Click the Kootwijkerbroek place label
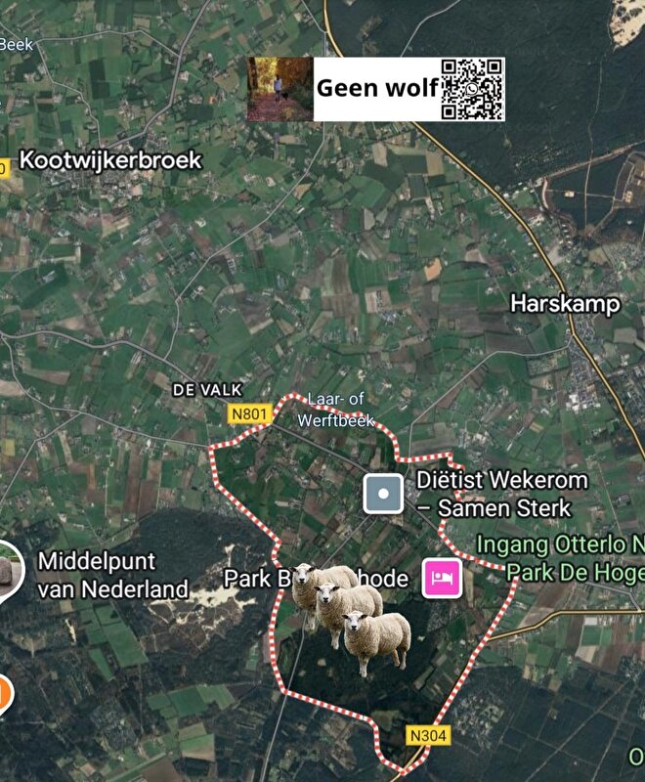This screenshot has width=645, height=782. (x=110, y=160)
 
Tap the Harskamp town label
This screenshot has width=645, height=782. (x=565, y=304)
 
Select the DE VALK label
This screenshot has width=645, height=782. (x=206, y=389)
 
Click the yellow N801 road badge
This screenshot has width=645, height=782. (x=248, y=414)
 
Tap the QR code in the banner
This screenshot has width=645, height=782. (x=473, y=89)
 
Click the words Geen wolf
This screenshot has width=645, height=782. (x=376, y=89)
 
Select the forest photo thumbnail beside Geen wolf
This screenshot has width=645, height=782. (x=279, y=89)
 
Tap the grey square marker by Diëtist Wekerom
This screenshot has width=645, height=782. (x=383, y=495)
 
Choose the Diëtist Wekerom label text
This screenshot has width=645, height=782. (x=502, y=480)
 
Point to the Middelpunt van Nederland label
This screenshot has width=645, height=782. (x=112, y=575)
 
